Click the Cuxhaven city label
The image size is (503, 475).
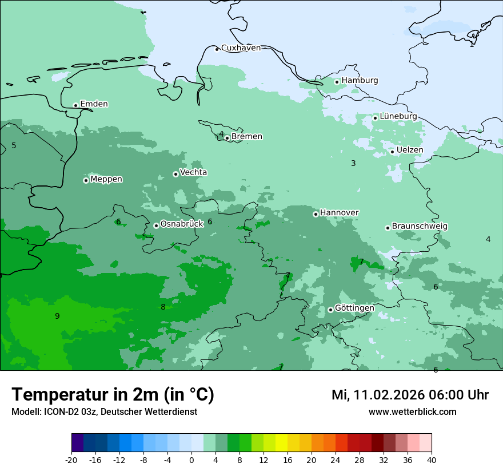241,48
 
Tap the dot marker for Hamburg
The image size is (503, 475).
337,82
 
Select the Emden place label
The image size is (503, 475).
94,104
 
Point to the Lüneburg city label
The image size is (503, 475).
398,116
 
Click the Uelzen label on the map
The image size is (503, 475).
410,150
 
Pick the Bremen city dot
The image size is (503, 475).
227,138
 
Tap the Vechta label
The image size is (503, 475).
193,172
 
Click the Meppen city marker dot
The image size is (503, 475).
86,180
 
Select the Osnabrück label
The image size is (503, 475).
182,224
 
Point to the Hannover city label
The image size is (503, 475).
339,213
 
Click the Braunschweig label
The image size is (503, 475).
420,226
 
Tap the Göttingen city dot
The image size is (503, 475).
330,310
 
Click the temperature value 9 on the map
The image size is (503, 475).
57,316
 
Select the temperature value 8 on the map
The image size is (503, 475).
163,307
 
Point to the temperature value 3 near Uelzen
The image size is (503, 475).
353,163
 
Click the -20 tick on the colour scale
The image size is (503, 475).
71,460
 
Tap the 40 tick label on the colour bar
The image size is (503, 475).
432,460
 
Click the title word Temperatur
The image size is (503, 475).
58,394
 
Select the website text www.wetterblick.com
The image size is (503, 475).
412,412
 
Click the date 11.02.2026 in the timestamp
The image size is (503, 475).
388,395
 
